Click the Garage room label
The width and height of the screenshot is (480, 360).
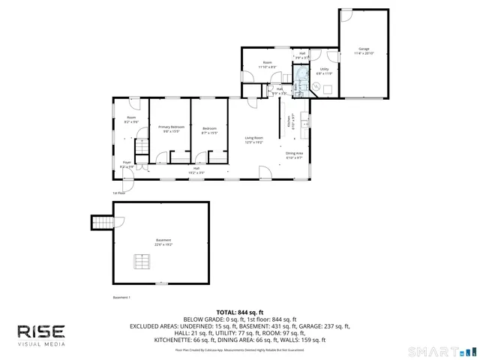364,49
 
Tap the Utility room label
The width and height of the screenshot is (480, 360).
324,69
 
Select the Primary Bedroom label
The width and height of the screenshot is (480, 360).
171,127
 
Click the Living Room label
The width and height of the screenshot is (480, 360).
254,138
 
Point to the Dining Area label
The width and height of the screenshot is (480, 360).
294,154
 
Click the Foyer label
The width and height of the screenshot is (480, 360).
127,162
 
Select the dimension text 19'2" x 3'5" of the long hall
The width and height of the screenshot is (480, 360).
196,172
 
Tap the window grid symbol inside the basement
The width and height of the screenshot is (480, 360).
141,261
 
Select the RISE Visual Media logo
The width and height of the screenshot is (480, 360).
41,334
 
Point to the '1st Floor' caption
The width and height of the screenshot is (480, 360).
119,192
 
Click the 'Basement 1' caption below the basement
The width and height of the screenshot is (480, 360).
121,298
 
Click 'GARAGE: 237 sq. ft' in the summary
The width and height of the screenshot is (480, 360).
322,326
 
